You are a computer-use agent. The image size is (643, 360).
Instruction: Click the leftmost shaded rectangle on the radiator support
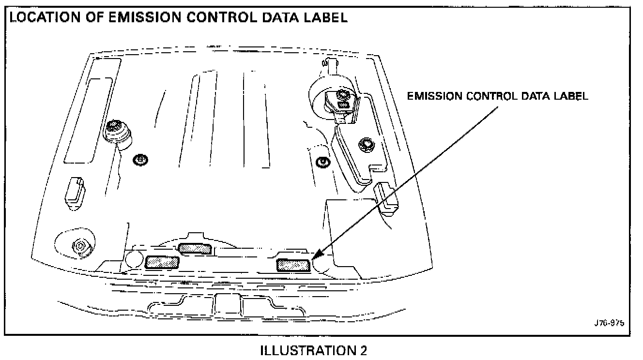coord(162,262)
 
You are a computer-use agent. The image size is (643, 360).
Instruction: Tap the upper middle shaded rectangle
coord(194,249)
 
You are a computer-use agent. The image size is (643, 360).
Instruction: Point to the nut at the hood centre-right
coord(320,162)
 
